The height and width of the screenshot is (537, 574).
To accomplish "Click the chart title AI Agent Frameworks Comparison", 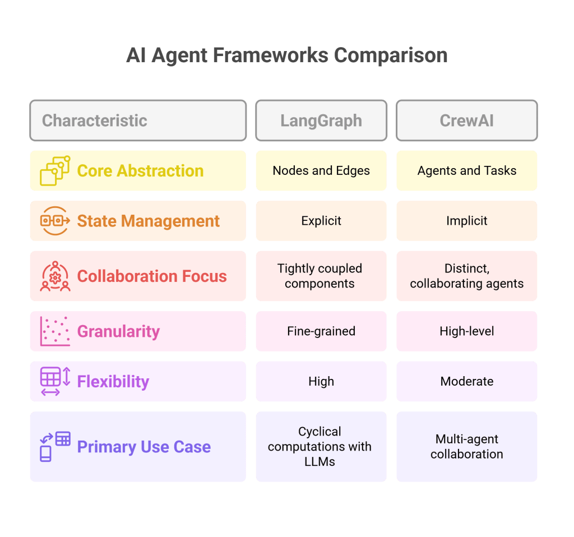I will (286, 56).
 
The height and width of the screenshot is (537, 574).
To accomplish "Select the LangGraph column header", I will (321, 121).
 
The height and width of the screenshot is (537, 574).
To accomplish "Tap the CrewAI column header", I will (466, 121).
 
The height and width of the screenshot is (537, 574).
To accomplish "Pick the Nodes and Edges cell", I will (321, 171).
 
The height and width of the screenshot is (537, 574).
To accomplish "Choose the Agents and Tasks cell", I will (466, 171).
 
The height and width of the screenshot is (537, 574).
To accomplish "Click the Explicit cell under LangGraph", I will (321, 221).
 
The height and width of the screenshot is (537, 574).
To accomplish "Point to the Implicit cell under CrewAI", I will (466, 221).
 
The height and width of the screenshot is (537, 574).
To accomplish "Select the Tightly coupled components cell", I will (320, 276).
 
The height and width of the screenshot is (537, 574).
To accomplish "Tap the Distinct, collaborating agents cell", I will (466, 276).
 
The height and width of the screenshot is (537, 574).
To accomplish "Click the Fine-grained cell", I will (321, 331).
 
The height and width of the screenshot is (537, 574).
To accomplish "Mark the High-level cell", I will (466, 331).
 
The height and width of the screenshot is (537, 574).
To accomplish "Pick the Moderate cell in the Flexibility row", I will (466, 381).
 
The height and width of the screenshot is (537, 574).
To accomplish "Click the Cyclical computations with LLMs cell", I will (320, 447).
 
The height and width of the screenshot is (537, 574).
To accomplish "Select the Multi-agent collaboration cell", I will (466, 447).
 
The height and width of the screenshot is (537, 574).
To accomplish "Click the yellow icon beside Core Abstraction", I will (55, 171).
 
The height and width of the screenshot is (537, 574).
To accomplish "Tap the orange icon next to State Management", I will (55, 221).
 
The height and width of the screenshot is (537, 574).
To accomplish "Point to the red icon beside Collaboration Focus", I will (55, 276).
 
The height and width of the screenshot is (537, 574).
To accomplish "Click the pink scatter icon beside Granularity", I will (55, 331).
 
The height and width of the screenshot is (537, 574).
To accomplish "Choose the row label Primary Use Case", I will (144, 447).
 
